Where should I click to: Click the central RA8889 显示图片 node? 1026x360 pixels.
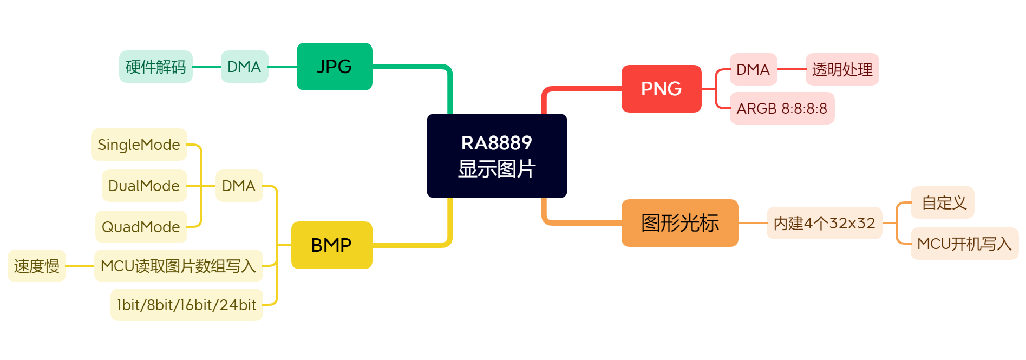496,156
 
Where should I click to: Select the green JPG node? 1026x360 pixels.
334,67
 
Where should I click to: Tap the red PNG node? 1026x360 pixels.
661,89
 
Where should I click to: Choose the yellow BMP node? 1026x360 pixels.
331,245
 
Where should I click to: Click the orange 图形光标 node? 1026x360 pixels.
679,223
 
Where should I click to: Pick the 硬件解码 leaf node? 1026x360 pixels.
155,67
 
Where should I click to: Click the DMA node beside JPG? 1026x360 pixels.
244,67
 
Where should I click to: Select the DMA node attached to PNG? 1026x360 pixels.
753,69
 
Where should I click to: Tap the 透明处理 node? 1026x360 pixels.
842,69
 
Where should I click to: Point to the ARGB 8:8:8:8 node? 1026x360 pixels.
782,108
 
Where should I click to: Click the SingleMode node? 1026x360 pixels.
139,145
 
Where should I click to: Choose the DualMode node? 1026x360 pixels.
144,186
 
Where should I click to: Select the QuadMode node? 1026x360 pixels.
141,227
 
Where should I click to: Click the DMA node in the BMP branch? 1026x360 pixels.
239,186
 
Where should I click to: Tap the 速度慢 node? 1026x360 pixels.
37,266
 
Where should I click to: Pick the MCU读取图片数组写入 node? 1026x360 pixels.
178,266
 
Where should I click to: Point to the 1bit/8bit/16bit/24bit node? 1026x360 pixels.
186,305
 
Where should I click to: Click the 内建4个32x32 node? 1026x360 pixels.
824,223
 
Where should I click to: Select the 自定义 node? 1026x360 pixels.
943,202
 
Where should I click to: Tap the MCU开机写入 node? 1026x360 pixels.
964,244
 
